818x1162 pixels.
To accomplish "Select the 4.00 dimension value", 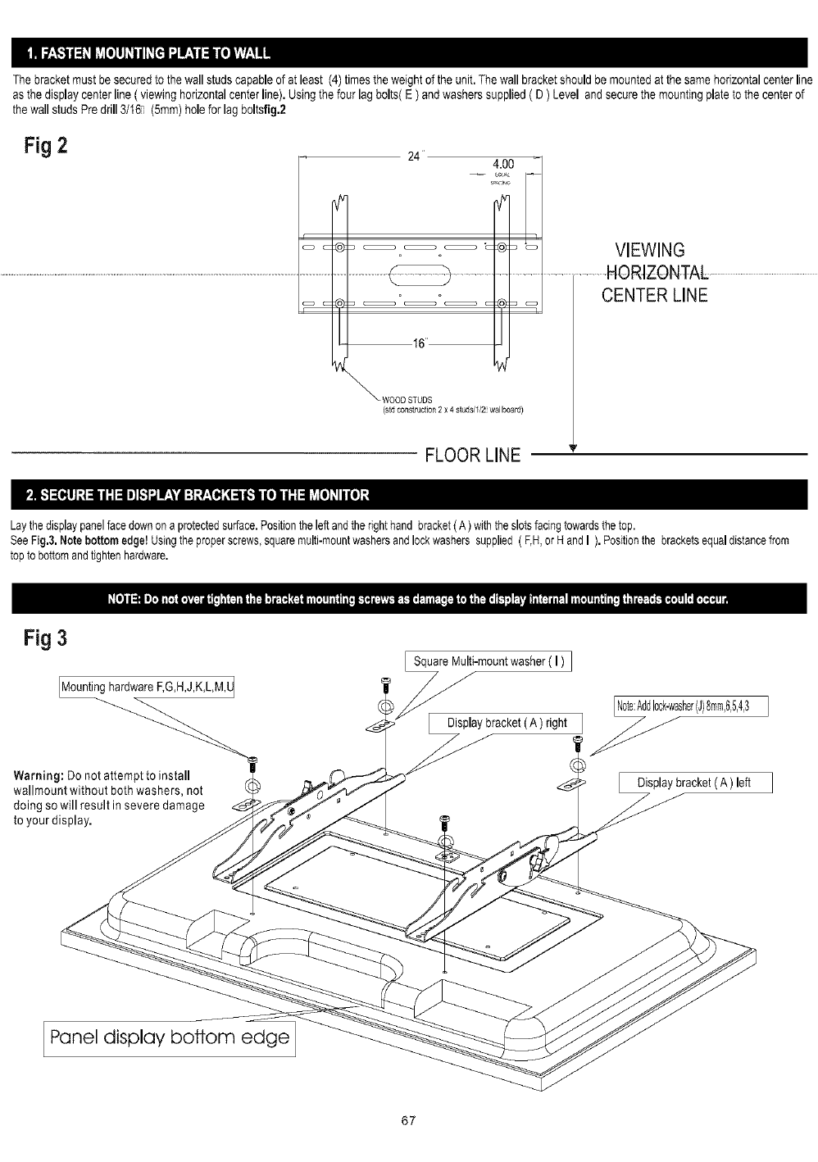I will point(501,164).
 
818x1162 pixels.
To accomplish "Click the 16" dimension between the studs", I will point(419,344).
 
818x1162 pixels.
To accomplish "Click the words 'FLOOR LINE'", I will point(472,456).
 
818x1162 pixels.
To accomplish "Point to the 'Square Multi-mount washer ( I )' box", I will point(489,661).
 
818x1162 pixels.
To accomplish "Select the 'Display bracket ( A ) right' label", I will point(507,723).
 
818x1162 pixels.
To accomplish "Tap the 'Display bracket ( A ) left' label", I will point(694,783).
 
